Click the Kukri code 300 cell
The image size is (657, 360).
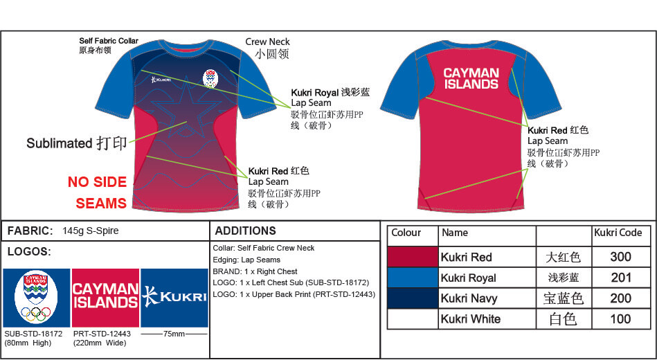620,257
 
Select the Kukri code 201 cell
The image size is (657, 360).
620,278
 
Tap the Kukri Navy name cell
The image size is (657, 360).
487,298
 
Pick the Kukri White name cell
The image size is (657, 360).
487,319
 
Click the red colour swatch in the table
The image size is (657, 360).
412,257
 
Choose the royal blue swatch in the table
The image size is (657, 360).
412,278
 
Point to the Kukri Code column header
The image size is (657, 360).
618,233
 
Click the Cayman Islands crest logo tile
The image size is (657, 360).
36,298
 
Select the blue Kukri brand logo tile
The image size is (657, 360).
174,297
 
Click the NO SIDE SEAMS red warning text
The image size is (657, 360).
97,192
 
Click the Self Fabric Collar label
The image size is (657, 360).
109,42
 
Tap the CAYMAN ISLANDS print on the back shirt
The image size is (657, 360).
471,78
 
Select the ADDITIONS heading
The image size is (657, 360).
245,231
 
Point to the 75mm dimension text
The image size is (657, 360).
174,334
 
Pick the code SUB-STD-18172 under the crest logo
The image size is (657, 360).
33,334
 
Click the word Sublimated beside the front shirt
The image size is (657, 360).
59,143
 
